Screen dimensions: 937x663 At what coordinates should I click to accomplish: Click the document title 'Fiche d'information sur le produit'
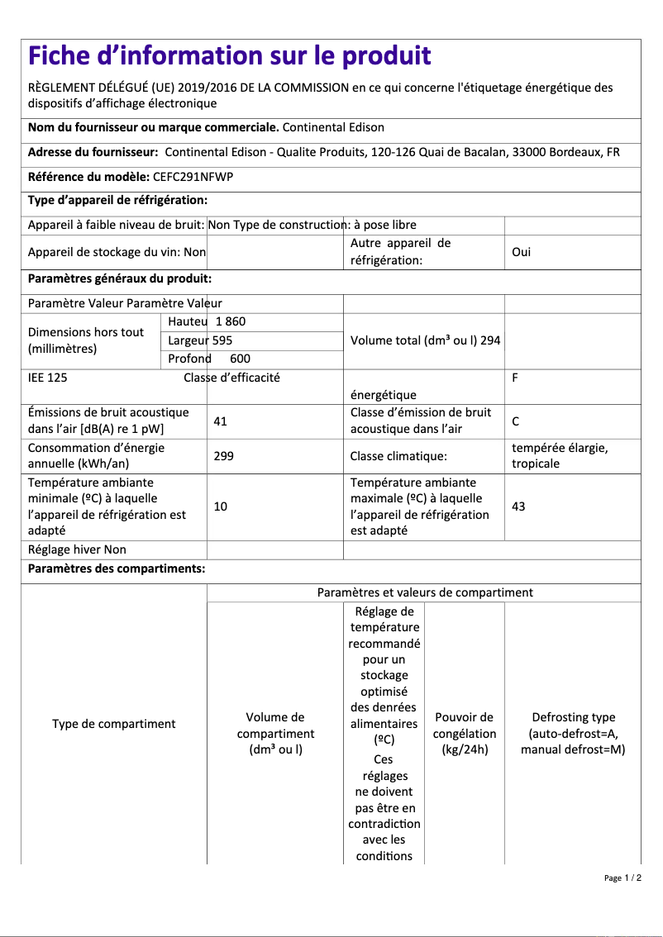230,56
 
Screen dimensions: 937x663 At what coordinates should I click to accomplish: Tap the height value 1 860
231,321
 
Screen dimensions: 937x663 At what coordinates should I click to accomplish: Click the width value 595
222,340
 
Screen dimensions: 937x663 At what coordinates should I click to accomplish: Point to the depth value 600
240,359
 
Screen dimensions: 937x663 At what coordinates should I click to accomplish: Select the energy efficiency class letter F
515,378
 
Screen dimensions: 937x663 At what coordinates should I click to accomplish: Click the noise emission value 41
220,421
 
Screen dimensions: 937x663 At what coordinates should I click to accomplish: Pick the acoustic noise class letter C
515,421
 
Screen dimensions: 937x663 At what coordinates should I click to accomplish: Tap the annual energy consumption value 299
223,455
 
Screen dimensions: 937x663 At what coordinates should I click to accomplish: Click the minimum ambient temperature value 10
220,506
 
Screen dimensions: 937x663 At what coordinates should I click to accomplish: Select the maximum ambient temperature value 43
518,506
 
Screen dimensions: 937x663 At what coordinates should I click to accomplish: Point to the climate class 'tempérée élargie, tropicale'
560,455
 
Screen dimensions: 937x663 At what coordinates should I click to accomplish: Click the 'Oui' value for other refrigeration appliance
521,252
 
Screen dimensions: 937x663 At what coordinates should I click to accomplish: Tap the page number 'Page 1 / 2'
622,878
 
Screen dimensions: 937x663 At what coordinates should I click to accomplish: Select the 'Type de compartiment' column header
114,724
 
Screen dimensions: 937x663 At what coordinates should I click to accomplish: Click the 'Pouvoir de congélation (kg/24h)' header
465,733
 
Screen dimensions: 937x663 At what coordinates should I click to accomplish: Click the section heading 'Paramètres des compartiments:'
117,568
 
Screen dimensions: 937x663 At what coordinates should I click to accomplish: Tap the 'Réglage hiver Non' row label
77,549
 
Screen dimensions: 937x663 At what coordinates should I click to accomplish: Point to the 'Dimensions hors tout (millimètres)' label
86,340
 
